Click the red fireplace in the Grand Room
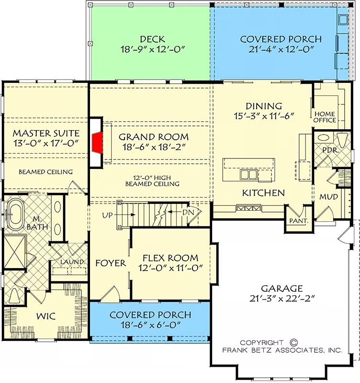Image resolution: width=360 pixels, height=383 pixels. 98,142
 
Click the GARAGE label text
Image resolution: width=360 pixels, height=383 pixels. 281,288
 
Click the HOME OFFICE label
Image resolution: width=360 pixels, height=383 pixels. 324,117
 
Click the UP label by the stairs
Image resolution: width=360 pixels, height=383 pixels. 108,215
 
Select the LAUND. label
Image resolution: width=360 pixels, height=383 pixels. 72,262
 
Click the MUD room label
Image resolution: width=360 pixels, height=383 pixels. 329,197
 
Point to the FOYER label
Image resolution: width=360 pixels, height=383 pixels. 111,263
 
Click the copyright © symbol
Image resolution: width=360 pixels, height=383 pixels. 293,342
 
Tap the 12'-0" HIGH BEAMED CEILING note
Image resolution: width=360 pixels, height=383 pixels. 152,180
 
